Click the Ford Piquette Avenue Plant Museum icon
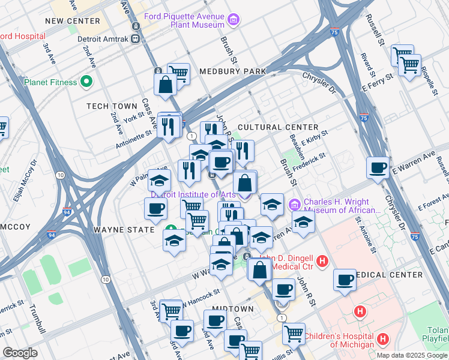tap(234, 22)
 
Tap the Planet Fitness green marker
tap(87, 82)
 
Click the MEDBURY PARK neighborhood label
tap(232, 71)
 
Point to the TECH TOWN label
tap(112, 106)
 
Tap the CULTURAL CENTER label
tap(278, 127)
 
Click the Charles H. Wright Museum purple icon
tap(294, 205)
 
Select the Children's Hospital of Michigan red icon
tap(382, 341)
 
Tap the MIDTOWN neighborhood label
tap(234, 308)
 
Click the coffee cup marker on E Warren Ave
tap(378, 167)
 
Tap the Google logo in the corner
tap(20, 353)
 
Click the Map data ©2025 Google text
tap(411, 355)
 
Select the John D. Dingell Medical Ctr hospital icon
tap(322, 261)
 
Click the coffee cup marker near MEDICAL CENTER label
tap(345, 280)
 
